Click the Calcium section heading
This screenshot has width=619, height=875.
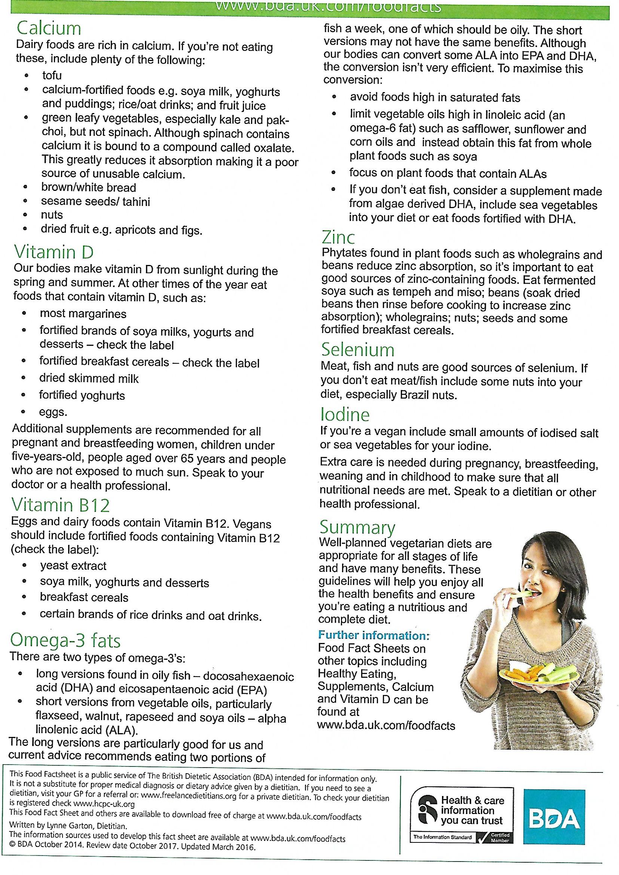[49, 29]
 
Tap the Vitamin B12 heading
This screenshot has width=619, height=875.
[61, 505]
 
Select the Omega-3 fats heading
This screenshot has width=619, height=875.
[65, 641]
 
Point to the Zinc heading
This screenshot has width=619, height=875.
[338, 238]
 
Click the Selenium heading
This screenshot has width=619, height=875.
[357, 350]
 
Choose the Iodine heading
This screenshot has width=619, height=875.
[345, 415]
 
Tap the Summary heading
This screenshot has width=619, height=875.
[357, 527]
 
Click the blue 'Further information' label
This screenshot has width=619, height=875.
[373, 635]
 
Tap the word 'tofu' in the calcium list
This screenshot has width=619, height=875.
[52, 76]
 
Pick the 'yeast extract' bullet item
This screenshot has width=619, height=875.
[73, 566]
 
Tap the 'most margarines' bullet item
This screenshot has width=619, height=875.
[83, 314]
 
